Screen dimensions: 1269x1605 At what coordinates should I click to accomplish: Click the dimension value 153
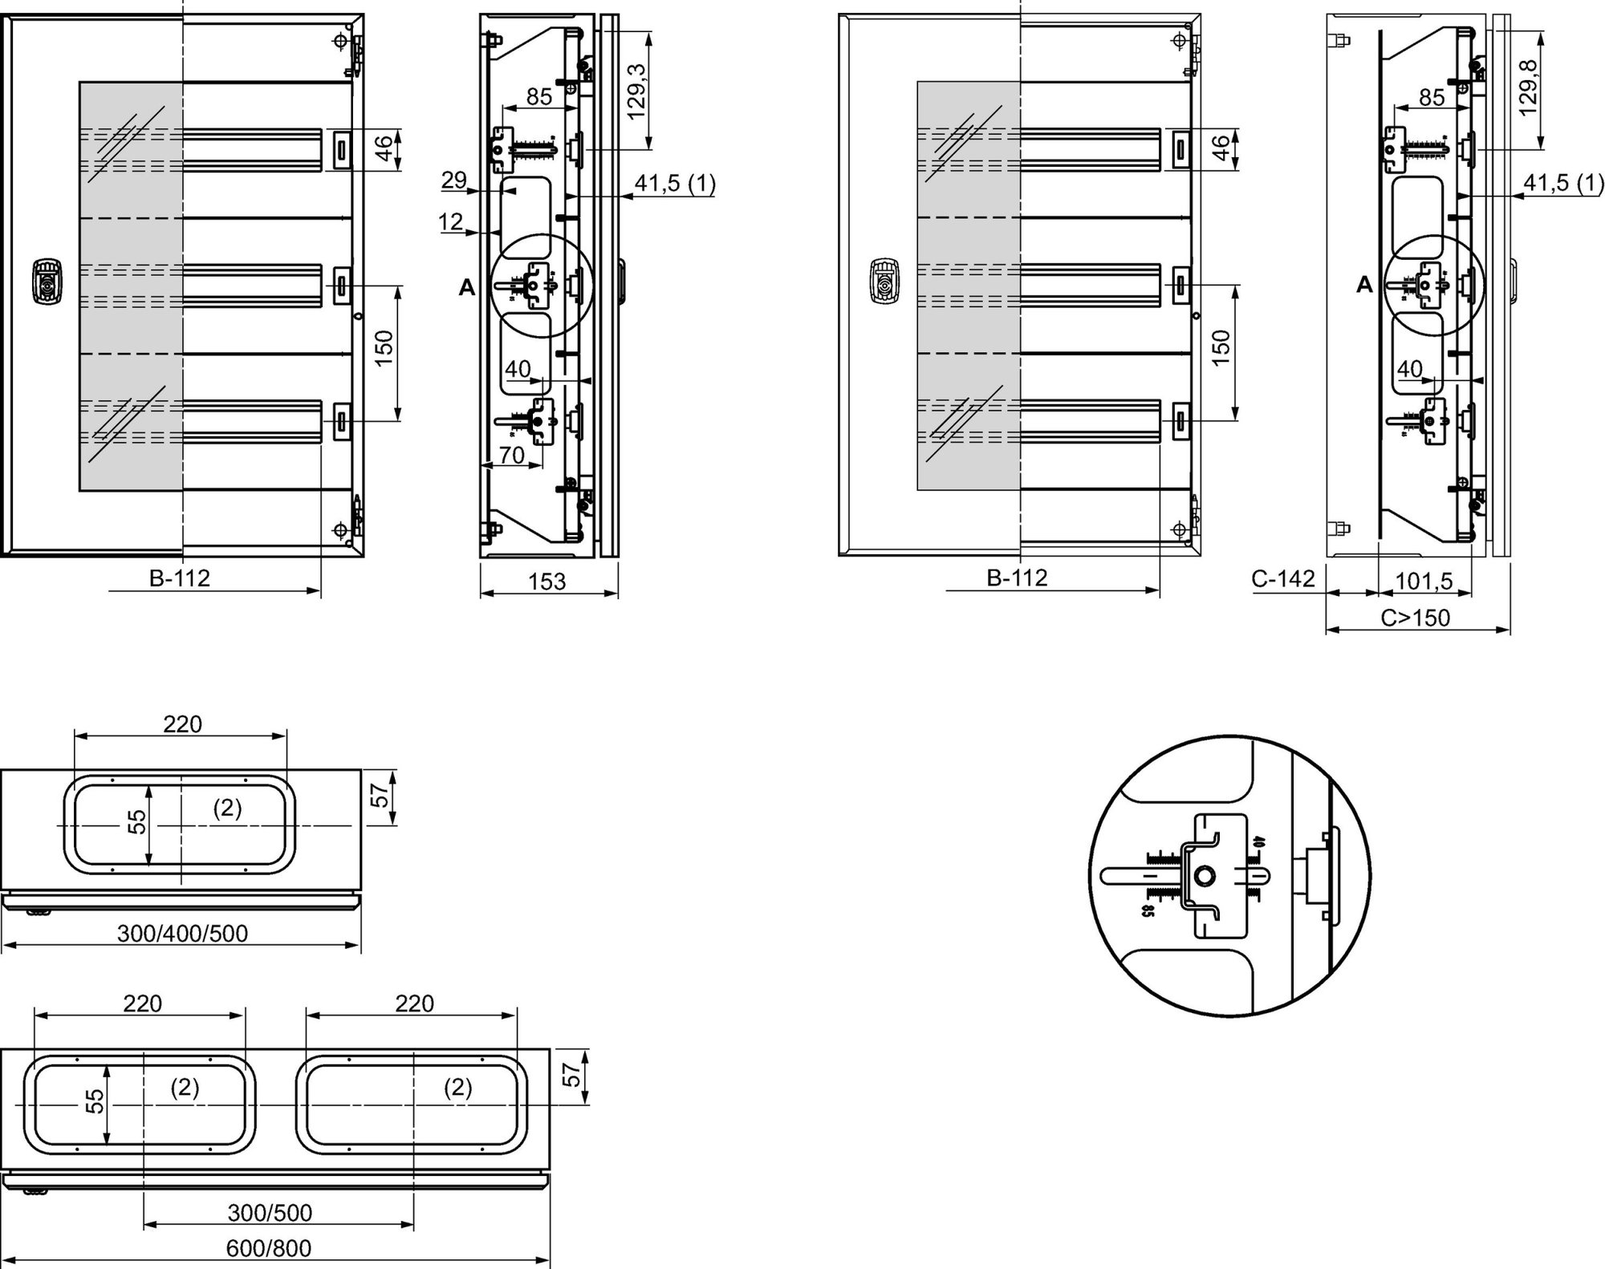click(547, 582)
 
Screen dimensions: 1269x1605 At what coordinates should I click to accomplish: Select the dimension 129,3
click(636, 91)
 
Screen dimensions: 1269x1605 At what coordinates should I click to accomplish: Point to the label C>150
click(1416, 618)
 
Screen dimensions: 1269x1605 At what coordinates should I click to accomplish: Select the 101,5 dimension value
click(1424, 581)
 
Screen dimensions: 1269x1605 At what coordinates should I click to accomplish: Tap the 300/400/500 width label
click(182, 934)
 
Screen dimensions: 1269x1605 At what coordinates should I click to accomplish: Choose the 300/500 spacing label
click(270, 1213)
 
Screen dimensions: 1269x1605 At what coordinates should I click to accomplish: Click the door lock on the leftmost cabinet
click(47, 282)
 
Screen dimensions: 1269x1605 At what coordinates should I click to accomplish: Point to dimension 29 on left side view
click(454, 180)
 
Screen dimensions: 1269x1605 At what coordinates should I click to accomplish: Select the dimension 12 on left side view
click(452, 221)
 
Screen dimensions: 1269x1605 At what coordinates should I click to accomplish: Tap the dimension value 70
click(511, 456)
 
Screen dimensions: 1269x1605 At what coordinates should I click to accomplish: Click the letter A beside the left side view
click(466, 287)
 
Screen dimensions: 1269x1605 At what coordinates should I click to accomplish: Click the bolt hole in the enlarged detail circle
click(1204, 877)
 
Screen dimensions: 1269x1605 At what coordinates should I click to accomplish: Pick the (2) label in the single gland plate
click(227, 808)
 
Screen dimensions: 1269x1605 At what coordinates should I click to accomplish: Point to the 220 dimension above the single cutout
click(183, 724)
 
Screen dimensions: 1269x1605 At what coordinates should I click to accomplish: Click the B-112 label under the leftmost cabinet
click(180, 578)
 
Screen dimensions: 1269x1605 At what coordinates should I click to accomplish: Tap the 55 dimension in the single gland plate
click(138, 822)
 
